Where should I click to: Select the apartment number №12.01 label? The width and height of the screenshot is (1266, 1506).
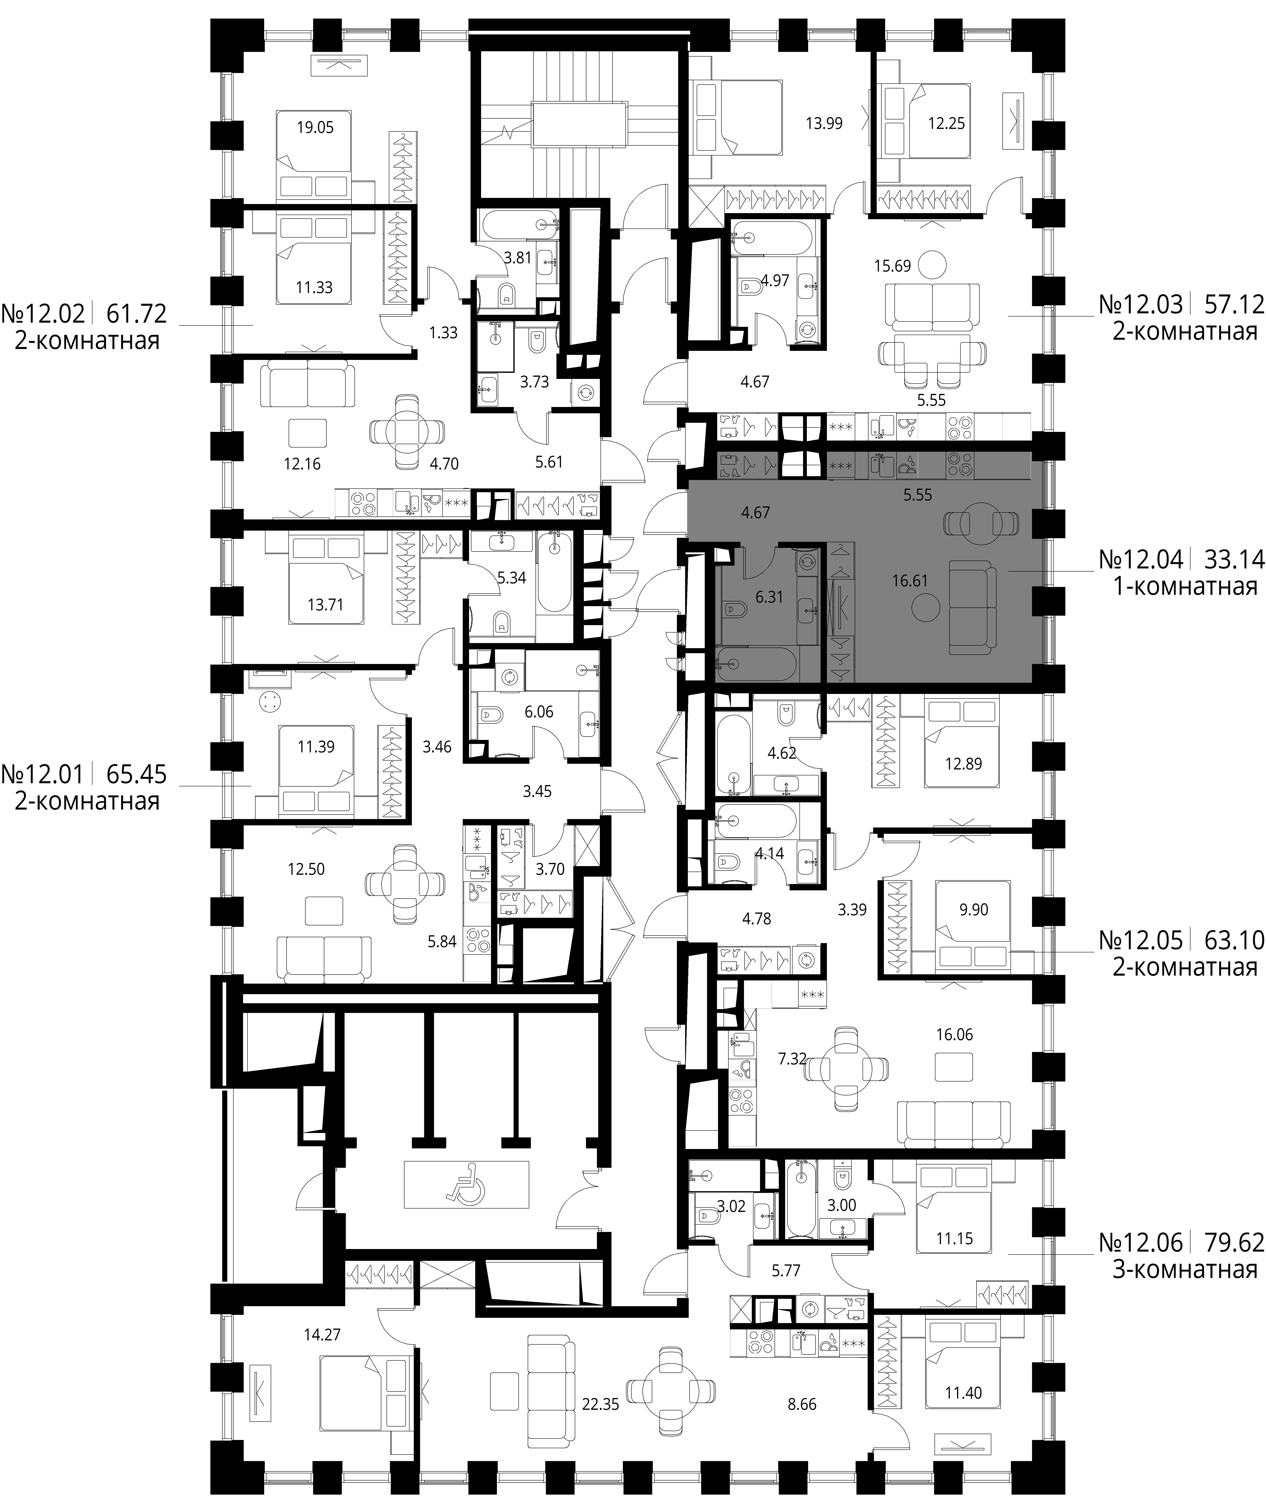(42, 773)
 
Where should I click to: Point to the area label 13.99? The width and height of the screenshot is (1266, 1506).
(824, 123)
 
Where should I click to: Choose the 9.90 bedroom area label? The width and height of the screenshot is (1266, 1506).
(974, 910)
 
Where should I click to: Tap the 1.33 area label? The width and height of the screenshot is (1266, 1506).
(444, 333)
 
